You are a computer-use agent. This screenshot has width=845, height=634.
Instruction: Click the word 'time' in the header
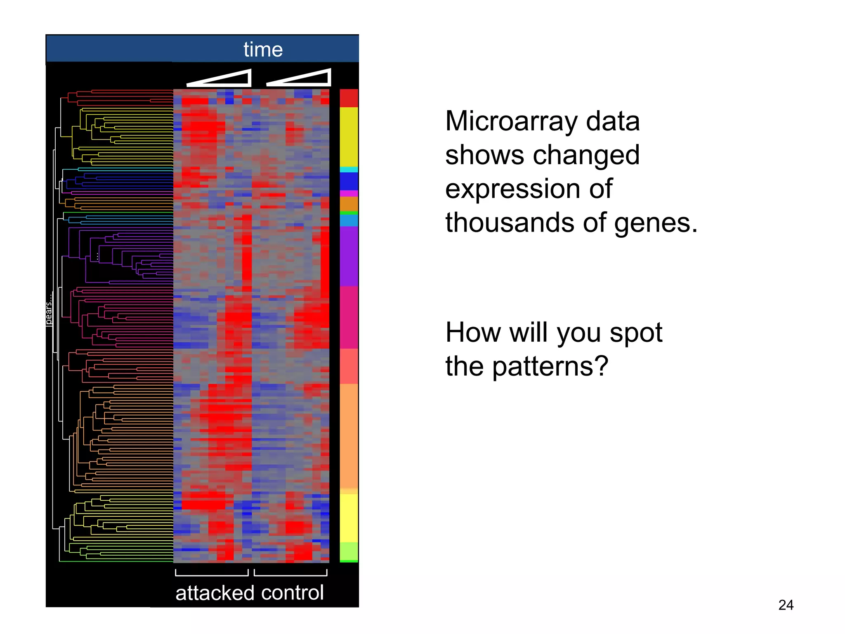pyautogui.click(x=263, y=50)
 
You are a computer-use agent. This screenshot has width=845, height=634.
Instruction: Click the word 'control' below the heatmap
pyautogui.click(x=292, y=593)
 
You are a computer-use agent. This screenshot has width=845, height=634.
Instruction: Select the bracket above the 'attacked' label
pyautogui.click(x=212, y=573)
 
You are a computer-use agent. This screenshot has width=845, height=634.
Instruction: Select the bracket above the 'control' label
pyautogui.click(x=290, y=573)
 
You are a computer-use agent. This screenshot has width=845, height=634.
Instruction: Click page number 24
pyautogui.click(x=786, y=605)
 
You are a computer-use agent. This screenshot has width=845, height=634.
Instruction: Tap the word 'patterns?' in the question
pyautogui.click(x=550, y=367)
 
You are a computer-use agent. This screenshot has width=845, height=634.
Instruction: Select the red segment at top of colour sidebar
pyautogui.click(x=349, y=98)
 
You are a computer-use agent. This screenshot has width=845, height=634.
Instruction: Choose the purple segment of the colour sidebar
pyautogui.click(x=349, y=256)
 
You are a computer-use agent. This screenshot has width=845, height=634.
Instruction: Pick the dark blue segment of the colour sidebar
pyautogui.click(x=349, y=181)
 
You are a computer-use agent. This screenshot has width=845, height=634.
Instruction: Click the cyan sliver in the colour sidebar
pyautogui.click(x=349, y=169)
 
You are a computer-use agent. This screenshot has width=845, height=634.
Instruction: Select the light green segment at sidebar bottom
pyautogui.click(x=349, y=551)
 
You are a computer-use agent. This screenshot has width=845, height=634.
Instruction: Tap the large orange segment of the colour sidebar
pyautogui.click(x=349, y=435)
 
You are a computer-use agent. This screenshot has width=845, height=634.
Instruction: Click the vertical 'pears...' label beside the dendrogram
pyautogui.click(x=49, y=310)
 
